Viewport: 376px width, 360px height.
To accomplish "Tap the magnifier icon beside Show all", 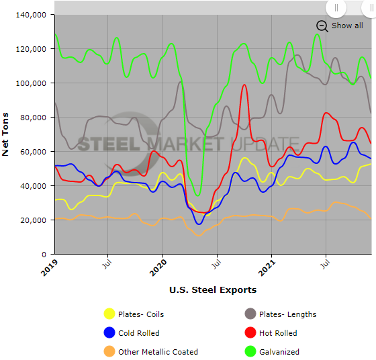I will point(322,26).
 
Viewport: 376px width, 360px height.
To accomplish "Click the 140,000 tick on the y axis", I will point(30,14).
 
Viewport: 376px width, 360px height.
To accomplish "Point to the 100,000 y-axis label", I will point(30,83).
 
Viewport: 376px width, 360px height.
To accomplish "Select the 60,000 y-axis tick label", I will point(32,152).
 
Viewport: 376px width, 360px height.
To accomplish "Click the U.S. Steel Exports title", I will point(213,290).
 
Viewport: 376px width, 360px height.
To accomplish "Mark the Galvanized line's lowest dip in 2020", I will point(197,195).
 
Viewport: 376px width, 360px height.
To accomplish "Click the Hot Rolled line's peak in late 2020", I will point(245,85).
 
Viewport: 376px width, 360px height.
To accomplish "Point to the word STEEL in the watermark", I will point(107,144).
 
